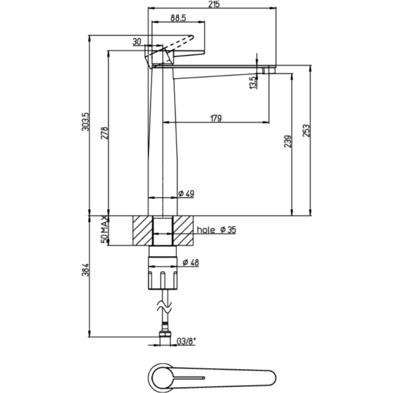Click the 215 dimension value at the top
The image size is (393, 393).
[x=213, y=4]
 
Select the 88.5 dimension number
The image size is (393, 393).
[x=178, y=18]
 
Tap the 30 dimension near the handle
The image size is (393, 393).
[x=137, y=42]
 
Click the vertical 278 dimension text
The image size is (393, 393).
[x=104, y=133]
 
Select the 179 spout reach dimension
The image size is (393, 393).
[x=216, y=118]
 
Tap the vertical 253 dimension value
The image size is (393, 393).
[x=307, y=131]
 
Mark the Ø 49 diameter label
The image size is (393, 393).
[x=186, y=194]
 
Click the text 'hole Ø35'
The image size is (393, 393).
[x=216, y=230]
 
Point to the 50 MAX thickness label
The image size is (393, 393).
[x=104, y=230]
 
